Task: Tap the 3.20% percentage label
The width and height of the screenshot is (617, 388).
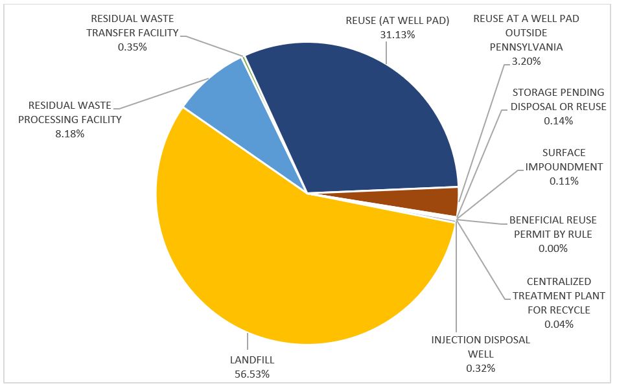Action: pos(526,62)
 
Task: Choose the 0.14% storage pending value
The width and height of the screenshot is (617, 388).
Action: pos(559,120)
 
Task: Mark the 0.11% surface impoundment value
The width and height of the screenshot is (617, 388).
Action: pos(564,181)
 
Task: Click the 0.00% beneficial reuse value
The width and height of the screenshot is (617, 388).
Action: pos(553,248)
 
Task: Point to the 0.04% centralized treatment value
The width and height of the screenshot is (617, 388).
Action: pos(559,324)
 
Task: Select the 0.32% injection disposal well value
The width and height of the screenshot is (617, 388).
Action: pos(480,368)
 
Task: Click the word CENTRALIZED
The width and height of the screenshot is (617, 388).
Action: pos(559,281)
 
